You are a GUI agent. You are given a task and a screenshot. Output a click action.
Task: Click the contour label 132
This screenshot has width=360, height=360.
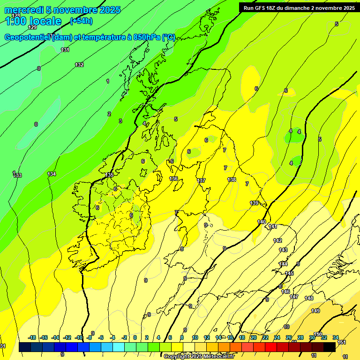(x=79, y=65)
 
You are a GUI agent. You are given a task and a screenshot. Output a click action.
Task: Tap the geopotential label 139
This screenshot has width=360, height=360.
(x=255, y=203)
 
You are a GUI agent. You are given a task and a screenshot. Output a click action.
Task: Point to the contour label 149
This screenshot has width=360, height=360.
(x=315, y=311)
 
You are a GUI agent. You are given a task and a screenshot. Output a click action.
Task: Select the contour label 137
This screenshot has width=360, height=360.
(x=202, y=180)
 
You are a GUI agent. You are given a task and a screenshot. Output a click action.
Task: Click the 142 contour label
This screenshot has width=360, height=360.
(x=277, y=240)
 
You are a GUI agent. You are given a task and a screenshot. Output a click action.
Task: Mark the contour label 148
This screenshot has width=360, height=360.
(x=309, y=298)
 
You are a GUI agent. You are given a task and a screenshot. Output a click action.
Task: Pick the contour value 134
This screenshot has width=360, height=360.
(x=52, y=174)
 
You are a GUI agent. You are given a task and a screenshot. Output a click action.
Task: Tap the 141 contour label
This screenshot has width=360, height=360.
(x=273, y=227)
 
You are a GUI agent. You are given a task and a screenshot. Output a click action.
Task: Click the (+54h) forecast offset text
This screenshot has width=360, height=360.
(x=81, y=21)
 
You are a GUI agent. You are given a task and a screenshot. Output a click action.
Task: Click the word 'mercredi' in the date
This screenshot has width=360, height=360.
(x=24, y=10)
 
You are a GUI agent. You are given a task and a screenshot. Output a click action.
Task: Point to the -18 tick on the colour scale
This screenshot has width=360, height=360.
(x=32, y=337)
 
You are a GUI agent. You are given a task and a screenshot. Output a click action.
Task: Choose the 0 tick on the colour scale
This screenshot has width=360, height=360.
(x=135, y=337)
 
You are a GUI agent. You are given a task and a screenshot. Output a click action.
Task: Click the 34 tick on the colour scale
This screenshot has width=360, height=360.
(x=336, y=337)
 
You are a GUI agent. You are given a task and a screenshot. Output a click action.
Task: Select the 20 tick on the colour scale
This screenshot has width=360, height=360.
(x=253, y=337)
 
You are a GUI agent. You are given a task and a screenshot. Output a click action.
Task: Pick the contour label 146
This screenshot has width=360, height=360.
(x=285, y=292)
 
